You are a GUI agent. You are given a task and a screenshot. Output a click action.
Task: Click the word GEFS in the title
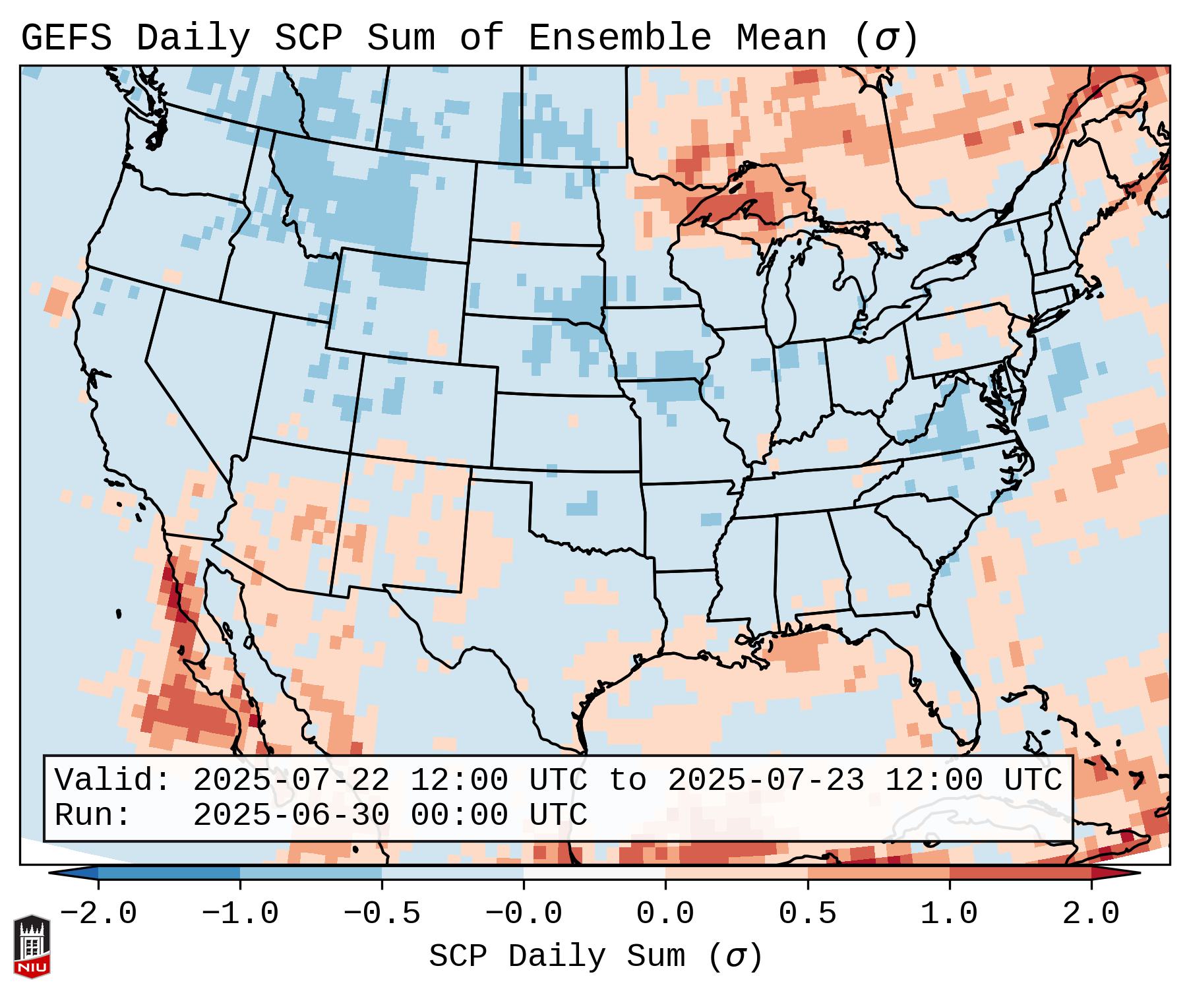pos(66,38)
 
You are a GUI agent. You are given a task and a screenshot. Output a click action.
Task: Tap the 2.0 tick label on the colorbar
pos(1091,914)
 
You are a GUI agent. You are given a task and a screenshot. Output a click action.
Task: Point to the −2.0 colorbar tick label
pos(98,914)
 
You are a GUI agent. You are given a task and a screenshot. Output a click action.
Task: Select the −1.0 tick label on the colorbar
pos(240,914)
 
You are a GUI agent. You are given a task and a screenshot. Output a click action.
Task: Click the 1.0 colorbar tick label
pos(950,914)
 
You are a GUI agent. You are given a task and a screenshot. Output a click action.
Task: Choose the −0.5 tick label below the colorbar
pos(382,914)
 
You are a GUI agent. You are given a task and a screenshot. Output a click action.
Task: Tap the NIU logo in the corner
pos(32,946)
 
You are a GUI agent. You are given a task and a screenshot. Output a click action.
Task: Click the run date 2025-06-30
pos(291,816)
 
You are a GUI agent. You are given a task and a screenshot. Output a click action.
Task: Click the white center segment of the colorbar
pos(594,873)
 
